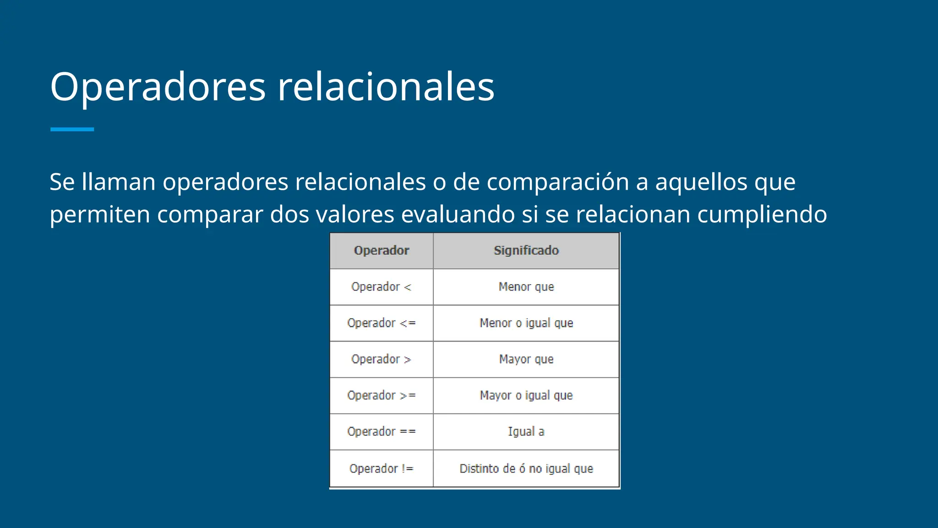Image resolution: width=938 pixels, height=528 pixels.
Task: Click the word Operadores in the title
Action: pos(158,87)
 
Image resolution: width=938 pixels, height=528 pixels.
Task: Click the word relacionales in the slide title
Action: pos(386,87)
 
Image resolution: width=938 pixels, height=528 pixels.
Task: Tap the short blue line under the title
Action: pos(72,130)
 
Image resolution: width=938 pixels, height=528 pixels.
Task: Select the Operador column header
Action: pos(382,251)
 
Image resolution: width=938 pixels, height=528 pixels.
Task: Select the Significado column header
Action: pos(526,251)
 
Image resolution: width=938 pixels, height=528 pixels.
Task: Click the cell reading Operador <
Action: pos(382,287)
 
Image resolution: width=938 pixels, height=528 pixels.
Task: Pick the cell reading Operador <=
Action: pos(382,323)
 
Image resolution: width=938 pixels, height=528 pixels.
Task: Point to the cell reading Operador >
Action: pos(382,359)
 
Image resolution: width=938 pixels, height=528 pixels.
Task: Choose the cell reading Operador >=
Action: pos(382,396)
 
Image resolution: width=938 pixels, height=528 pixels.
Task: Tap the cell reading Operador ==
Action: pos(382,432)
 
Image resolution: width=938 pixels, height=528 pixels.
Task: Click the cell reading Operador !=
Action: pos(382,468)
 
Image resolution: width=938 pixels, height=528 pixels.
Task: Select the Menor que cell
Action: pos(526,287)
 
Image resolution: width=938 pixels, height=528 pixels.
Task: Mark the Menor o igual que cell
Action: pos(526,323)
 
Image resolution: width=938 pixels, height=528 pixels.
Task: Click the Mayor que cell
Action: pos(526,359)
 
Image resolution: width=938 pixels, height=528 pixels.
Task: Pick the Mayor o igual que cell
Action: pos(526,396)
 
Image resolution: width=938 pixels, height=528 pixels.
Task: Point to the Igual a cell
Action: pos(526,432)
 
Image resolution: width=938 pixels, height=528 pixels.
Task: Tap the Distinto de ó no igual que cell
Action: pos(526,468)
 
